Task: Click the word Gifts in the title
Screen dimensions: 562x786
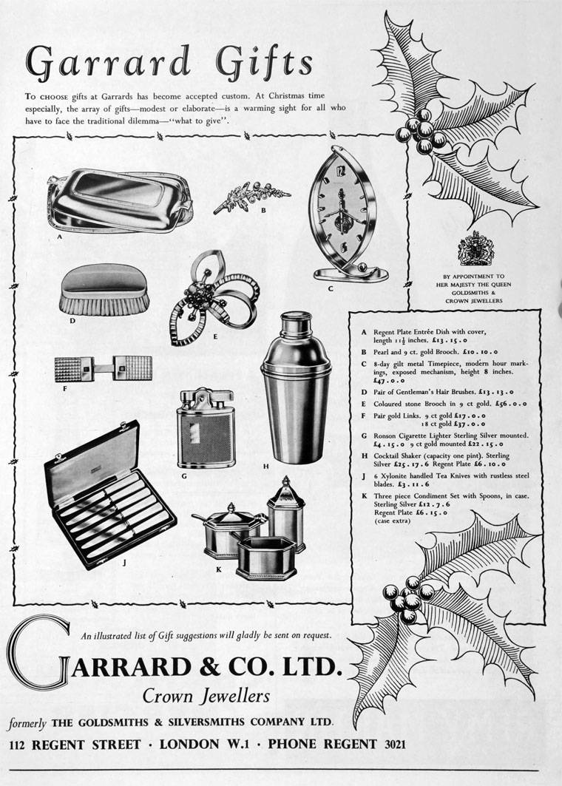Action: tap(264, 63)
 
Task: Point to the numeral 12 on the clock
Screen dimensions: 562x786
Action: tap(342, 172)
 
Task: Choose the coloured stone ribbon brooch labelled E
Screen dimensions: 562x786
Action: tap(214, 297)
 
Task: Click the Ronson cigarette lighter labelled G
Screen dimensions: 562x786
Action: tap(205, 428)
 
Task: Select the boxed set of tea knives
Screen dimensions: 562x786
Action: tap(109, 495)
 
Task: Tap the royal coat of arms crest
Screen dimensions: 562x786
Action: tap(475, 248)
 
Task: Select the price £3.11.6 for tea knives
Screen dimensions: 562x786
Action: tap(402, 484)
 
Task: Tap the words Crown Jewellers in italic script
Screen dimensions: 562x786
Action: tap(206, 696)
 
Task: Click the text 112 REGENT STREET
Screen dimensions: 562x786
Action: tap(75, 745)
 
